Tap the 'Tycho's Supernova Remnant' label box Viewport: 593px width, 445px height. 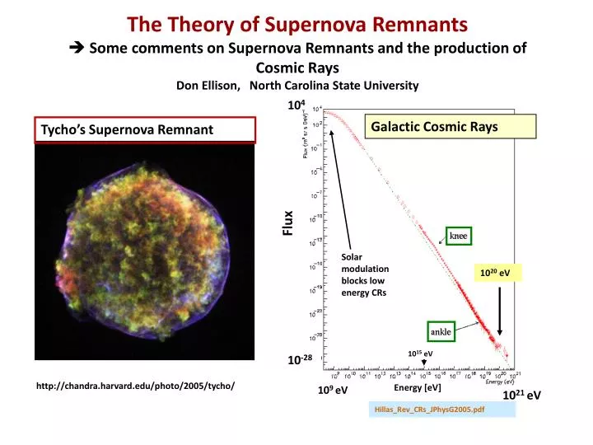tap(146, 129)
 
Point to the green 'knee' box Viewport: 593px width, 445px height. tap(458, 236)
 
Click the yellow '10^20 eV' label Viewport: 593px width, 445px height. tap(495, 274)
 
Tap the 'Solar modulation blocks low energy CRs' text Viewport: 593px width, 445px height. tap(365, 274)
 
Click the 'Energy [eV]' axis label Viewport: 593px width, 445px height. tap(418, 387)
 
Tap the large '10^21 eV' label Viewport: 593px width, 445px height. tap(521, 396)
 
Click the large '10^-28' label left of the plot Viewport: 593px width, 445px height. tap(299, 360)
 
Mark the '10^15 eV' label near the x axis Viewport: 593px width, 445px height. tap(420, 354)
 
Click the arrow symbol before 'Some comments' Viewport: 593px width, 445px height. tap(77, 48)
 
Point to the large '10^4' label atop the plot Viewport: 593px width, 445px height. tap(296, 105)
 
